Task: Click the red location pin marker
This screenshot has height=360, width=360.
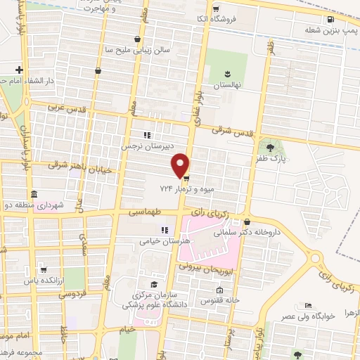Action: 181,165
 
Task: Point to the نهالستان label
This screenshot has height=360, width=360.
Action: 226,84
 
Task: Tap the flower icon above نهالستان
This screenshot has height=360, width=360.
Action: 227,72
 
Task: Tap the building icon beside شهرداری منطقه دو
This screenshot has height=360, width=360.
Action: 33,194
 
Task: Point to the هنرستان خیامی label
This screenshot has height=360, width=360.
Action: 145,240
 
